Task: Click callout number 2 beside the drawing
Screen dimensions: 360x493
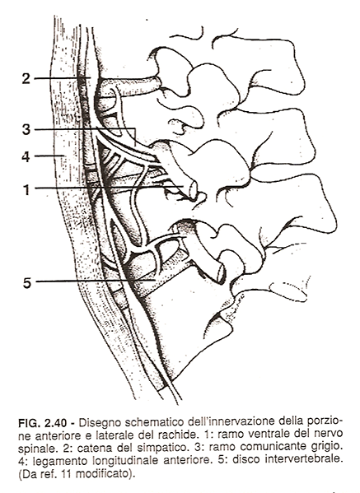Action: pyautogui.click(x=26, y=78)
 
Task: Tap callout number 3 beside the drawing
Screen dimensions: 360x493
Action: pyautogui.click(x=26, y=129)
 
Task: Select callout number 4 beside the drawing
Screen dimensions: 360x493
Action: pyautogui.click(x=26, y=156)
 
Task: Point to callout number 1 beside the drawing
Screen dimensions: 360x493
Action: pyautogui.click(x=26, y=189)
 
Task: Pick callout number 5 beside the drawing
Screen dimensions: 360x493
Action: pyautogui.click(x=27, y=282)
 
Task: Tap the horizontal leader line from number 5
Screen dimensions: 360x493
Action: pyautogui.click(x=96, y=281)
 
